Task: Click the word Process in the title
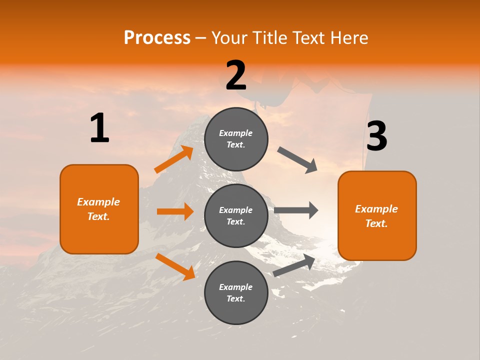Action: (157, 37)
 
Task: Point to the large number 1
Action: (99, 128)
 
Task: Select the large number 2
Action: (236, 75)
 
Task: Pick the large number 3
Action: (376, 136)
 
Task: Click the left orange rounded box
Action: (99, 209)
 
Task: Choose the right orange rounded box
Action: (377, 216)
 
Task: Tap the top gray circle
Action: (236, 139)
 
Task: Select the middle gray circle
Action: (236, 216)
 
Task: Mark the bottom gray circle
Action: (236, 293)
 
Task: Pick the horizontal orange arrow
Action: (175, 211)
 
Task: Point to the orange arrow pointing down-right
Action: (175, 266)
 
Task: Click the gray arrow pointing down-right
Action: (298, 160)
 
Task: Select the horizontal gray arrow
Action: (296, 210)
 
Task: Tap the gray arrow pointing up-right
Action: (294, 265)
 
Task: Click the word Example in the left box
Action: (98, 202)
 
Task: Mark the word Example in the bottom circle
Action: (236, 287)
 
